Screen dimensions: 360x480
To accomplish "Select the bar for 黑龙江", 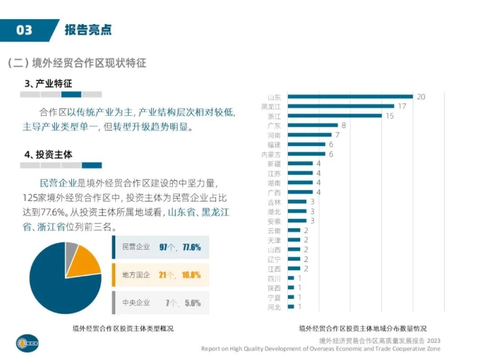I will [341, 106].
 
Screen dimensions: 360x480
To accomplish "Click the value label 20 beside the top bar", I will [421, 97].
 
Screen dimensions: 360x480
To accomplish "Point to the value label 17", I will [403, 106].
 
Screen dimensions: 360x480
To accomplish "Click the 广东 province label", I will [273, 125].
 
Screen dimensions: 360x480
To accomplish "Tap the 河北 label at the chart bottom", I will [273, 307].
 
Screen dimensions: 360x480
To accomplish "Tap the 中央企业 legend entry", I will [135, 302].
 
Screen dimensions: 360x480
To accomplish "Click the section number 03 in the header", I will [24, 29].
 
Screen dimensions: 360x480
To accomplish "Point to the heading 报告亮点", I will [88, 29].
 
